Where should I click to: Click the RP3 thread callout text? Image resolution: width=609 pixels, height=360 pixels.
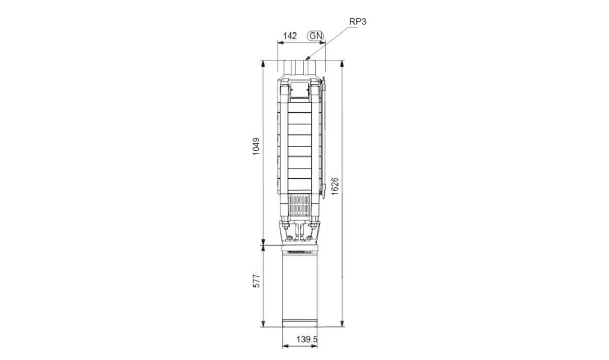click(x=357, y=22)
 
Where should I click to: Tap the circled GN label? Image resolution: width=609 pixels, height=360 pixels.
click(x=316, y=36)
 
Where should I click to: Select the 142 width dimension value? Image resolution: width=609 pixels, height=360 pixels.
click(x=290, y=36)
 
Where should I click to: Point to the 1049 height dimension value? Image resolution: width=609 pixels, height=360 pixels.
click(x=256, y=146)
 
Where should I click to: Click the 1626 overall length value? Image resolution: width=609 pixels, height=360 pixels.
click(x=335, y=186)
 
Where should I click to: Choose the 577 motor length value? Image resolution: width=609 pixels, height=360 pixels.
click(x=256, y=281)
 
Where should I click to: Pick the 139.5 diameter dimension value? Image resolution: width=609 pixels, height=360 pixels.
click(x=307, y=339)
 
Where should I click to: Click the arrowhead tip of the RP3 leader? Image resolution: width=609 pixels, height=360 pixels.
click(x=306, y=59)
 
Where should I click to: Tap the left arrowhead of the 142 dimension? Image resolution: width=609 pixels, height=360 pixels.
click(x=278, y=43)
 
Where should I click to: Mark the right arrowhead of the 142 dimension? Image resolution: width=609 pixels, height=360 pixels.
click(x=325, y=43)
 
